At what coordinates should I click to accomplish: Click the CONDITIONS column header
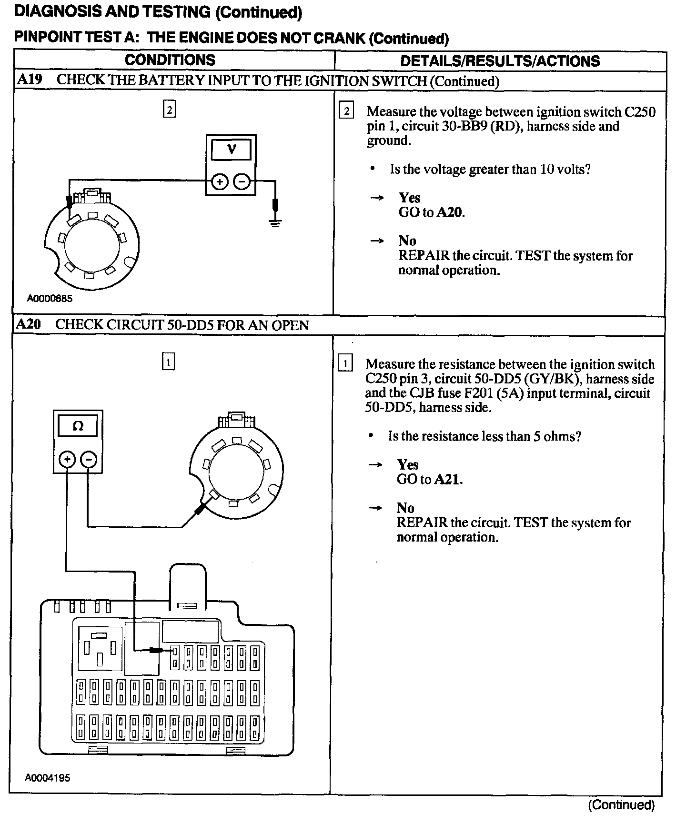point(170,60)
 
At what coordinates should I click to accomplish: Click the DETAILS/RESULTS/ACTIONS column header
point(500,61)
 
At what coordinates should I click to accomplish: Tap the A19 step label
point(29,80)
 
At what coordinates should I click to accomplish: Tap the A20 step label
point(28,325)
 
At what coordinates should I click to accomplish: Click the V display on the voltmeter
point(231,149)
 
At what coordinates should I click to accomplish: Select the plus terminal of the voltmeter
point(219,181)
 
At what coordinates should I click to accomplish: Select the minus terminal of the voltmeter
point(242,181)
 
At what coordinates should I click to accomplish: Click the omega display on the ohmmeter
point(78,426)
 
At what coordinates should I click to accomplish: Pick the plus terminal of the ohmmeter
point(67,460)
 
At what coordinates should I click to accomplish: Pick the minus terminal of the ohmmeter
point(89,460)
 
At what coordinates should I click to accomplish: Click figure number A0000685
point(50,299)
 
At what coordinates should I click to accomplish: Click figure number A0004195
point(48,778)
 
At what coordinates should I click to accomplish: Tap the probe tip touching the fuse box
point(155,650)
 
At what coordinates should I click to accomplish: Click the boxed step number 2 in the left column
point(169,110)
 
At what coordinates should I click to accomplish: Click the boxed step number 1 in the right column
point(345,364)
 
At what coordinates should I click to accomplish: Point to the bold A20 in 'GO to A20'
point(449,212)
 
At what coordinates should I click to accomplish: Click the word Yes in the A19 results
point(409,198)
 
